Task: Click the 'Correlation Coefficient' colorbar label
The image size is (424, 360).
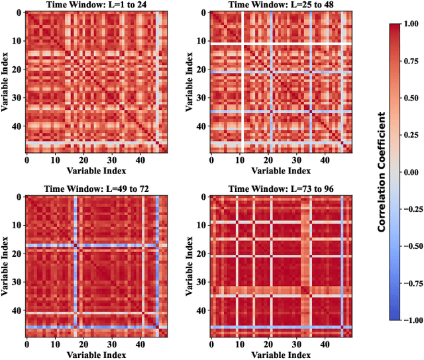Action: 382,171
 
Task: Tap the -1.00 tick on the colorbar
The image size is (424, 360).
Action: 409,320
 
